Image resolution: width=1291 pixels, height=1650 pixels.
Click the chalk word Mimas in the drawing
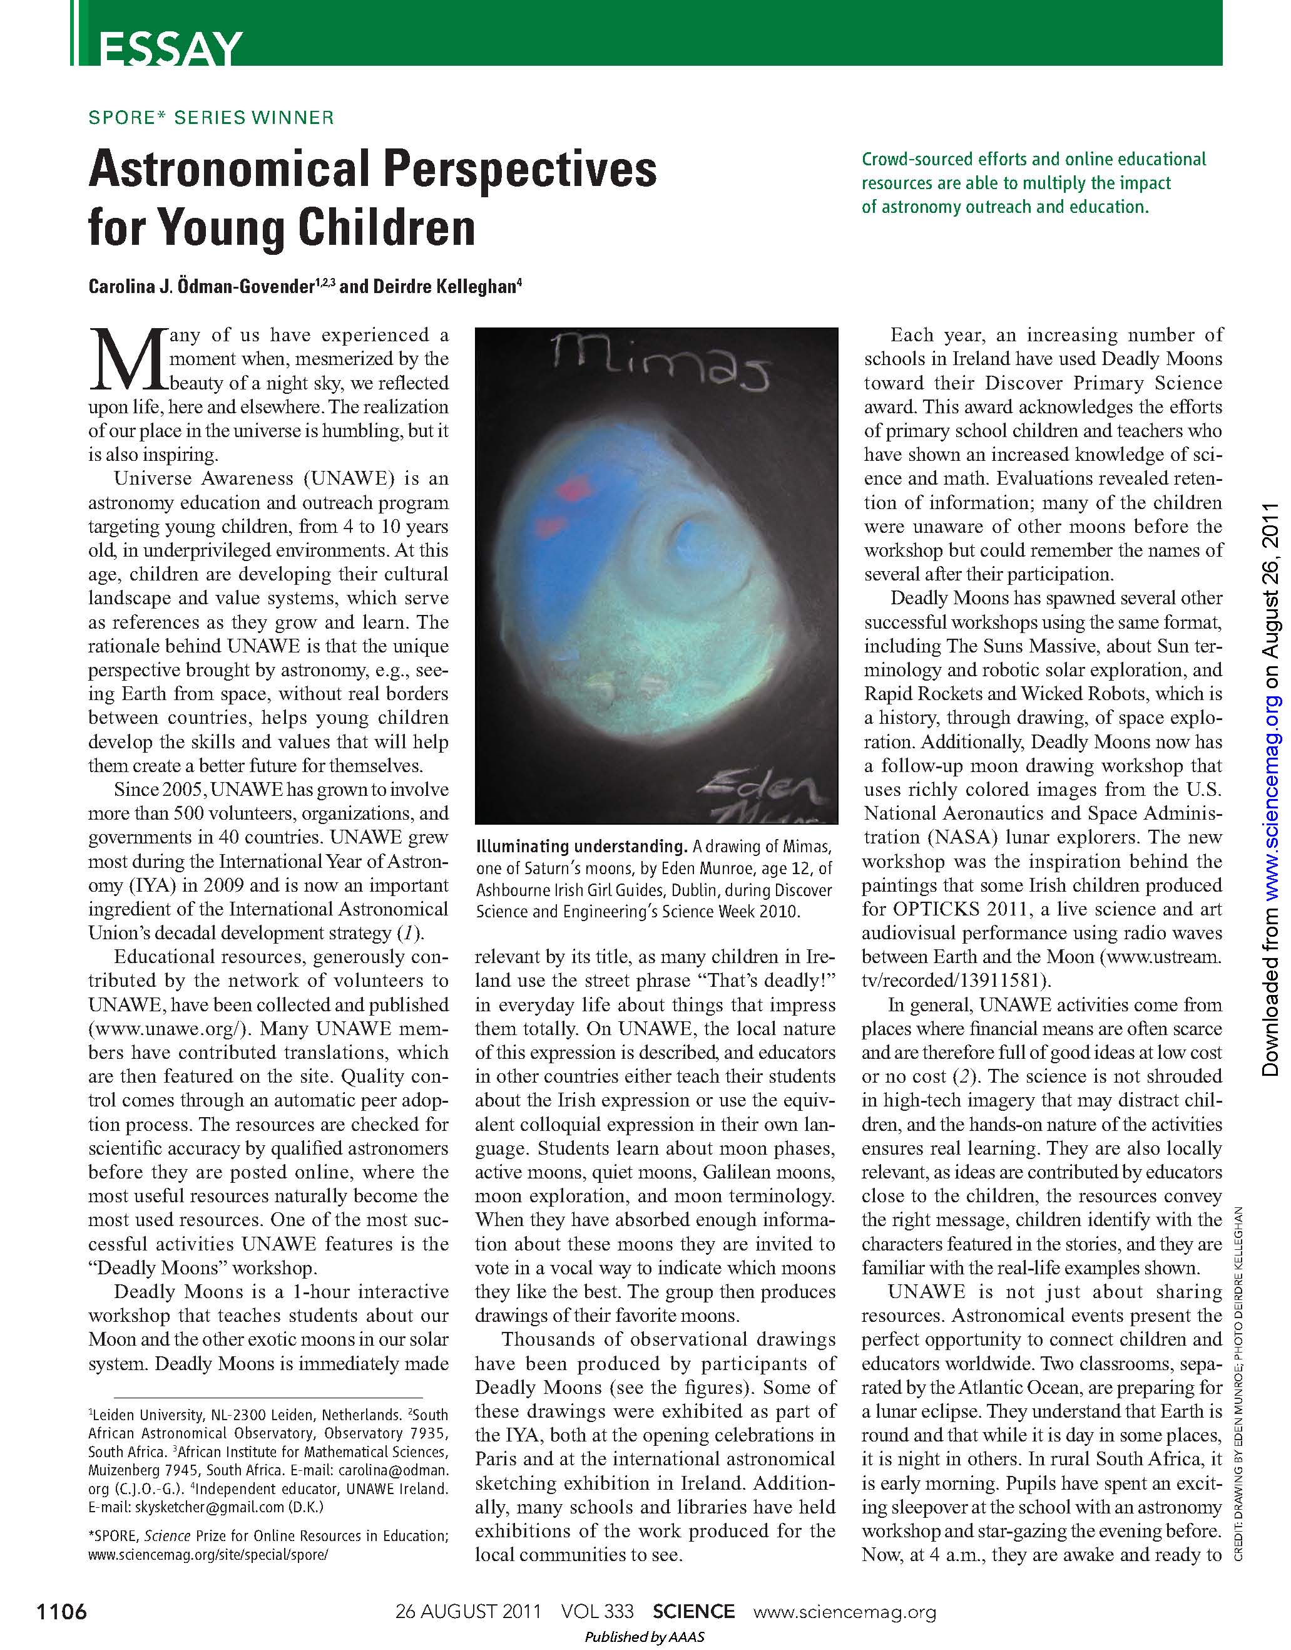[x=658, y=363]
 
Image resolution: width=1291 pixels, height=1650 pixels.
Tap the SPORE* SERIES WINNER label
[x=211, y=118]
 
